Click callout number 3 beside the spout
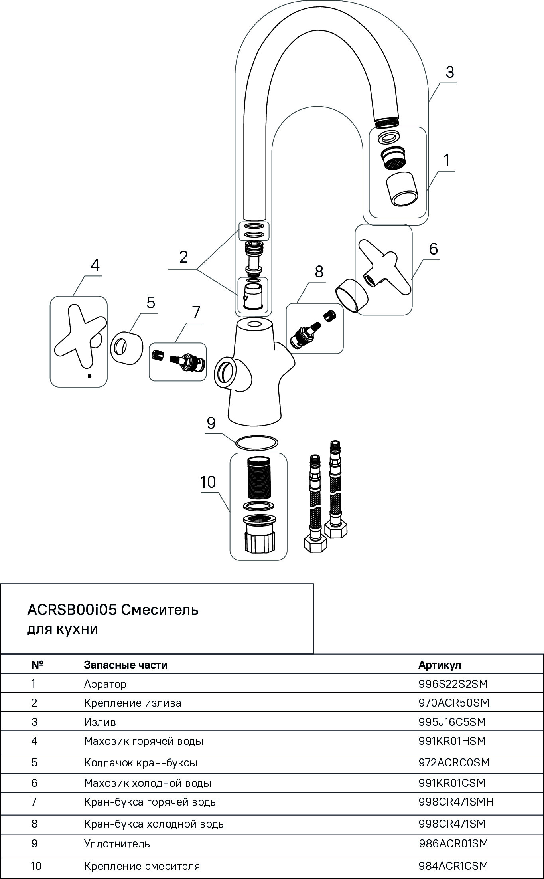click(x=449, y=73)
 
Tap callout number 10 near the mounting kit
click(x=208, y=482)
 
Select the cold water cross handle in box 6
click(x=383, y=268)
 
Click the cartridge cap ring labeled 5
click(x=127, y=346)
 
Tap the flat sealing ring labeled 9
click(x=256, y=442)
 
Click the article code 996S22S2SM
click(x=453, y=684)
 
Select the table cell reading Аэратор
click(x=105, y=684)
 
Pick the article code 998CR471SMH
click(x=456, y=802)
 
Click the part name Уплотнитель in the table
click(x=117, y=843)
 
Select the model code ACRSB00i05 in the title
click(x=72, y=610)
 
